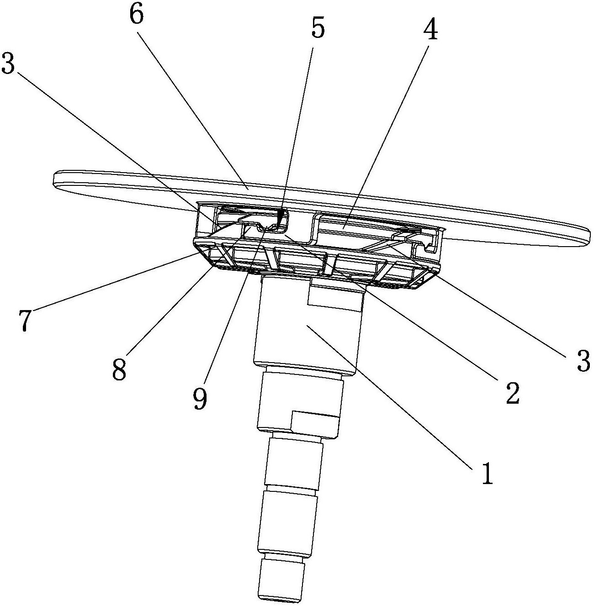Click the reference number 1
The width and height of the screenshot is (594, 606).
pyautogui.click(x=487, y=474)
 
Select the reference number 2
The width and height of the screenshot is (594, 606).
pyautogui.click(x=511, y=391)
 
